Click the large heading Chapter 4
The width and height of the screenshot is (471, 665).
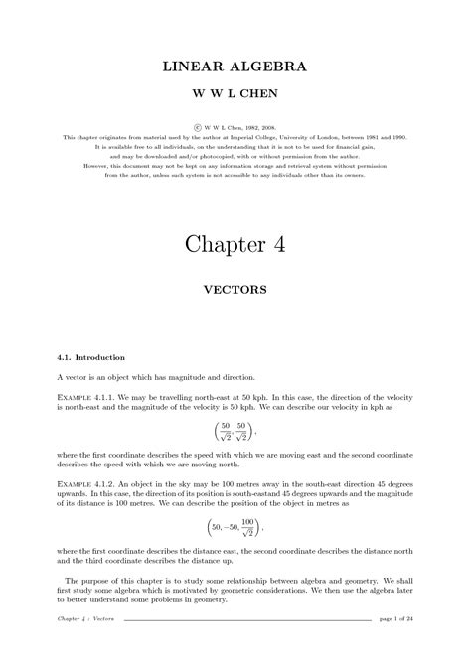coord(235,246)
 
